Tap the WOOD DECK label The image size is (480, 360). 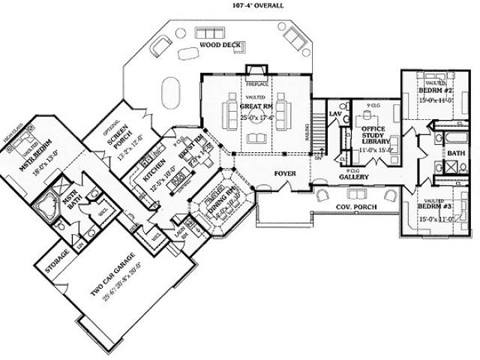pos(220,46)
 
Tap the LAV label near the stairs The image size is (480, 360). pos(335,112)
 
